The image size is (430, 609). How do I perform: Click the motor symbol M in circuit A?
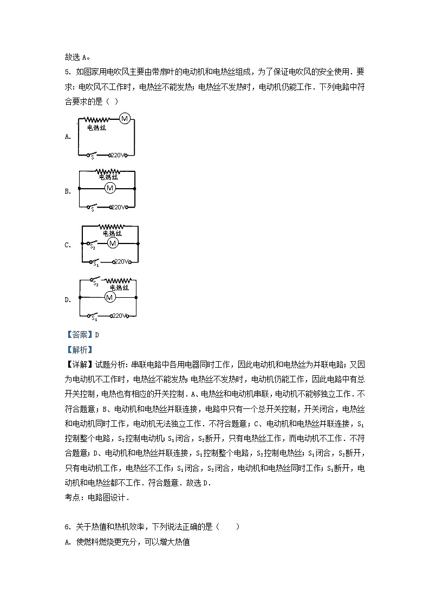click(125, 119)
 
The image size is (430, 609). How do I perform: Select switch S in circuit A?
click(94, 155)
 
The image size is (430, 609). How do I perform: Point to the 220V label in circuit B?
click(118, 207)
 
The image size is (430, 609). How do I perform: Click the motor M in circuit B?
click(110, 188)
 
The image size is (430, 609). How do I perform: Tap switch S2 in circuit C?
click(95, 244)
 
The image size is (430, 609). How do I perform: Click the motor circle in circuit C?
click(112, 243)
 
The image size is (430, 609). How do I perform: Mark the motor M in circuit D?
click(110, 297)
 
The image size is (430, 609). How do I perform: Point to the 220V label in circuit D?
click(118, 316)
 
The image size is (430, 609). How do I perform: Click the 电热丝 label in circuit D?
click(119, 287)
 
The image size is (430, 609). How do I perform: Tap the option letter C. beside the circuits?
click(68, 245)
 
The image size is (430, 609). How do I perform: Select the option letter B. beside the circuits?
click(68, 191)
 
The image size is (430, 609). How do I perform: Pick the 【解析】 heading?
click(79, 350)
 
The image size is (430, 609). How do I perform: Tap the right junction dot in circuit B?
click(135, 189)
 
